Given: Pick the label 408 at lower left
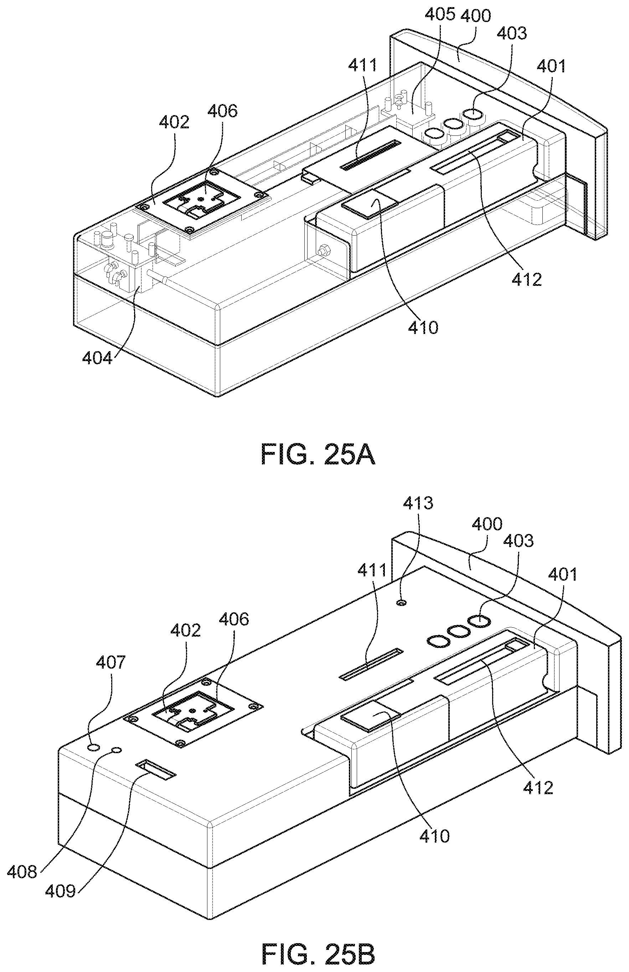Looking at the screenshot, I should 22,872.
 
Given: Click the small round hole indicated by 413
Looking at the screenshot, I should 402,602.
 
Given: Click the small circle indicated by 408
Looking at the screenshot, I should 117,750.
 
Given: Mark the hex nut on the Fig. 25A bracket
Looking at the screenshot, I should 323,249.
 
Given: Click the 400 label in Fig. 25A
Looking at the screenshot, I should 475,16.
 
